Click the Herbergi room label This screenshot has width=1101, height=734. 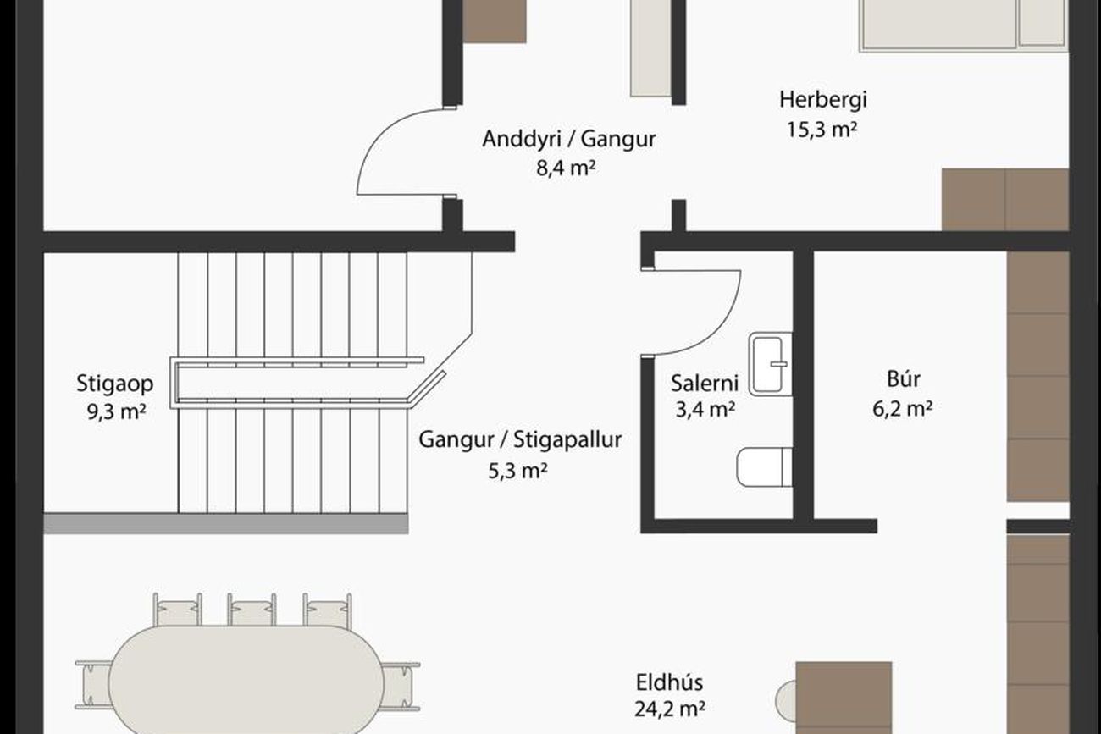tap(823, 100)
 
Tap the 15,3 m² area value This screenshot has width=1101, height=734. tap(822, 130)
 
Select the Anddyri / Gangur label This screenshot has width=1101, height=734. tap(568, 139)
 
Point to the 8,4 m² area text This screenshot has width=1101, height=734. tap(566, 168)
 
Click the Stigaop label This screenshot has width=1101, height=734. tap(115, 384)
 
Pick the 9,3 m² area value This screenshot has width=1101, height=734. tap(117, 411)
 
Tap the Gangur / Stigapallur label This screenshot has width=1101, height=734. tap(520, 440)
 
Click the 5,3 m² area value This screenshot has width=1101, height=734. tap(517, 472)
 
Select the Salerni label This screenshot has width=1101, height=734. tap(705, 384)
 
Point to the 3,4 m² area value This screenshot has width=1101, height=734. tap(705, 410)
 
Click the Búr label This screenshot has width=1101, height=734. tap(904, 379)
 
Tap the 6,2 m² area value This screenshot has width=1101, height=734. tap(903, 408)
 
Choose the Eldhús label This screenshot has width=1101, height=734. tap(669, 682)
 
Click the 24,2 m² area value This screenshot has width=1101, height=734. tap(669, 709)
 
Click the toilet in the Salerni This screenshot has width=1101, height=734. tap(764, 466)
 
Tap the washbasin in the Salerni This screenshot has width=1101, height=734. tap(770, 363)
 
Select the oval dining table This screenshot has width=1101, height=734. tap(246, 681)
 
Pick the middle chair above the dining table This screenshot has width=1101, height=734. tap(252, 610)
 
